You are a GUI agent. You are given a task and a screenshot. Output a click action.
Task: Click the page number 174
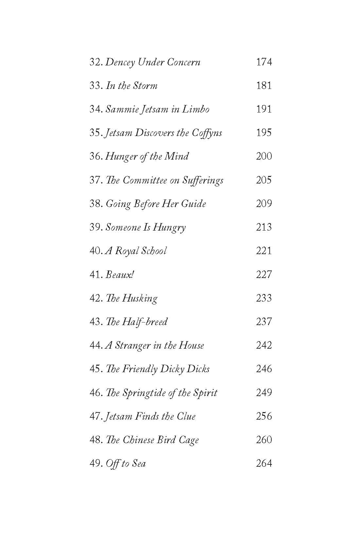pos(264,62)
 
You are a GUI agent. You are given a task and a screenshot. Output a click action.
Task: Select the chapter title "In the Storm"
pos(132,86)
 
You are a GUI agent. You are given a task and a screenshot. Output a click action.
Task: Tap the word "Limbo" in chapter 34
pos(196,109)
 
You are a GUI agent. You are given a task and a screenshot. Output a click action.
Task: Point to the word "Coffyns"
pos(207,133)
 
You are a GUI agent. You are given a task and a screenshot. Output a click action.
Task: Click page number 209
pos(264,204)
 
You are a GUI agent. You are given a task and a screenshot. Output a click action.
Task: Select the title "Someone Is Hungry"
pos(146,227)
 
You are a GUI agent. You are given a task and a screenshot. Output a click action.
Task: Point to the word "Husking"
pos(140,298)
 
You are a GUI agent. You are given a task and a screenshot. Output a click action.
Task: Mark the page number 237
pos(264,322)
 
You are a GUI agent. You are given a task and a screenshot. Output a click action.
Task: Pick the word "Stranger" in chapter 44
pos(132,345)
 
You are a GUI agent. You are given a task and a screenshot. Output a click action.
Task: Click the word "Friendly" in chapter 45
pos(140,369)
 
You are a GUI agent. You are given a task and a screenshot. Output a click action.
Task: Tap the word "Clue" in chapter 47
pos(186,416)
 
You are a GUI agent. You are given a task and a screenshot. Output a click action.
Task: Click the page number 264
pos(264,463)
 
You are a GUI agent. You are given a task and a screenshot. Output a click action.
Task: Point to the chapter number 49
pos(96,463)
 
